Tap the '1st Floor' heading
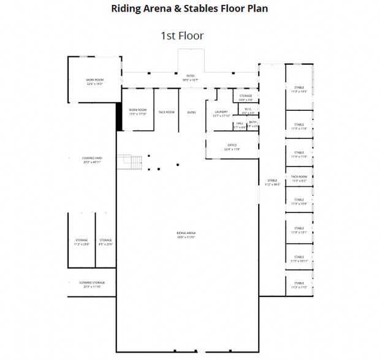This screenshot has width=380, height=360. click(x=182, y=36)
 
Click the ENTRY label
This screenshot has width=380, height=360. click(x=191, y=112)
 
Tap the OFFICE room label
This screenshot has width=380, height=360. click(x=232, y=147)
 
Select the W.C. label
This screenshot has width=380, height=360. click(x=248, y=111)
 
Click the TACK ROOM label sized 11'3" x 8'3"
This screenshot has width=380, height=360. click(x=298, y=178)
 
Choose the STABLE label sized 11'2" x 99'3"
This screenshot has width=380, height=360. click(x=272, y=182)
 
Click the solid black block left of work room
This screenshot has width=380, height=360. click(x=119, y=116)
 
